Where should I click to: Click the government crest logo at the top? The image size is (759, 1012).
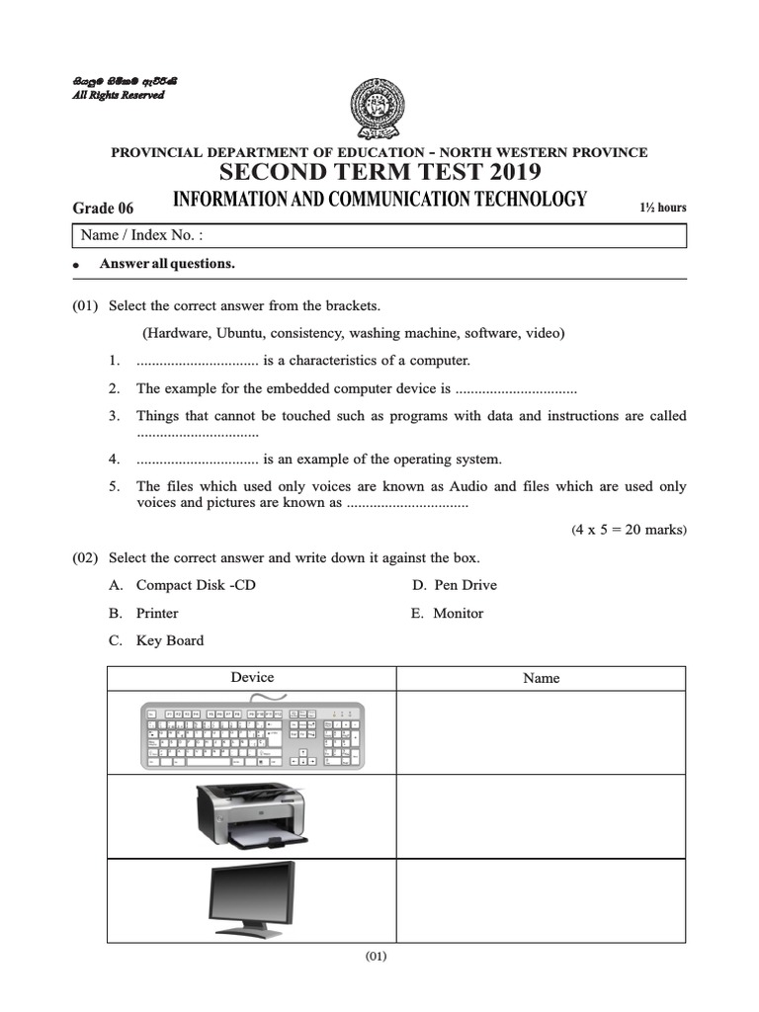[379, 110]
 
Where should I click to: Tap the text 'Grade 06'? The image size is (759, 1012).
[103, 208]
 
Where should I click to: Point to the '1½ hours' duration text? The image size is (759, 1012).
[664, 208]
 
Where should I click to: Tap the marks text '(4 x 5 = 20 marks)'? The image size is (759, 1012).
[629, 530]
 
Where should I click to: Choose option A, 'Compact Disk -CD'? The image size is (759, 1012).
[196, 585]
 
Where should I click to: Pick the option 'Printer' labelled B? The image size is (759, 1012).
[157, 613]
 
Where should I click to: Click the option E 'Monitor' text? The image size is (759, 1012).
[459, 613]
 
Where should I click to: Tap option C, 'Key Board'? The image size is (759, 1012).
[170, 640]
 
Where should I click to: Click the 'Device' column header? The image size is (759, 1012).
[252, 677]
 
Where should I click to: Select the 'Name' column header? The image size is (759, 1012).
[541, 678]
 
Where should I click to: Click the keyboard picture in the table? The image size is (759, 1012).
[252, 732]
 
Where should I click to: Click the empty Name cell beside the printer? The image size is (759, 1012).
[541, 816]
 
